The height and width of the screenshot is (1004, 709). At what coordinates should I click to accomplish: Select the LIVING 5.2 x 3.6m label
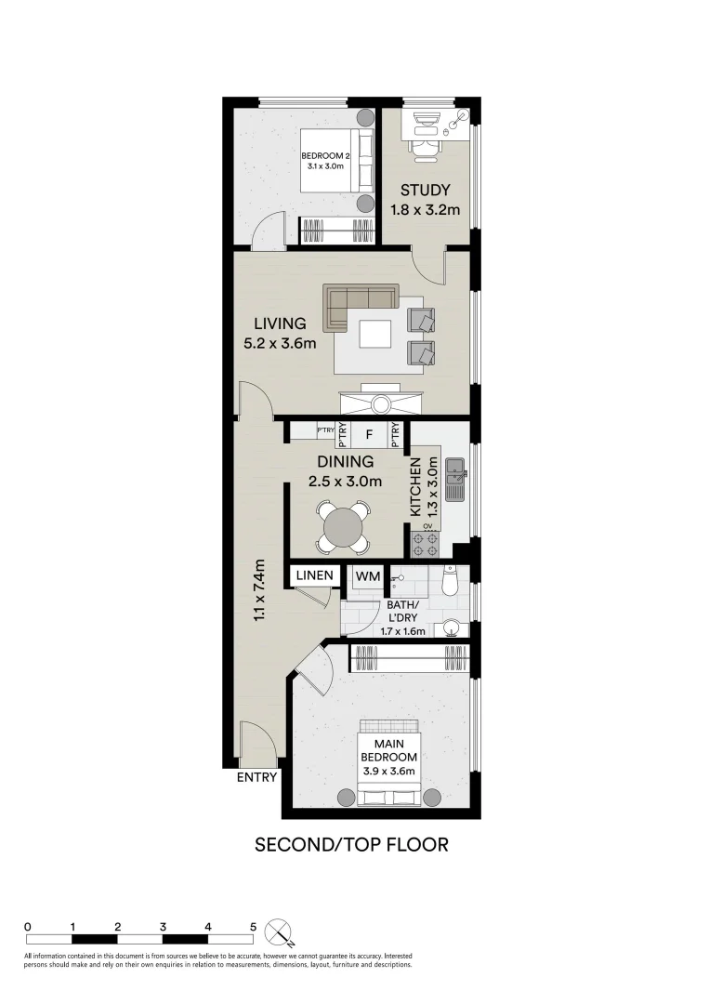(x=280, y=333)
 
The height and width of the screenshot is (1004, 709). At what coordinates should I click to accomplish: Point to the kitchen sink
(x=455, y=479)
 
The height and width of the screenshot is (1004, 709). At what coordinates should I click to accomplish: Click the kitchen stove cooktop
(x=426, y=538)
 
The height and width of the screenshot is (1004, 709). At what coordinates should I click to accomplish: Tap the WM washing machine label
(x=368, y=576)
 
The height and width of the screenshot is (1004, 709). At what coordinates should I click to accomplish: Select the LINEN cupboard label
(x=315, y=576)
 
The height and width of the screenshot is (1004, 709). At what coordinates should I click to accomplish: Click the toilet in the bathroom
(x=449, y=582)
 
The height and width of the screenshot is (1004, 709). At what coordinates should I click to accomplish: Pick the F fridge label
(x=369, y=433)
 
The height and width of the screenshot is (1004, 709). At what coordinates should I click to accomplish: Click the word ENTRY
(x=257, y=777)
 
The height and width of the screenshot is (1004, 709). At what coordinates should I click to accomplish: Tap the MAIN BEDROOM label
(x=388, y=751)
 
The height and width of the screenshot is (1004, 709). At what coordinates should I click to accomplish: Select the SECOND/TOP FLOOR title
(x=351, y=844)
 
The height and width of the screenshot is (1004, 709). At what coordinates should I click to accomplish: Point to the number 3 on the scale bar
(x=163, y=927)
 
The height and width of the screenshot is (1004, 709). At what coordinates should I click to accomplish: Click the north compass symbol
(x=278, y=931)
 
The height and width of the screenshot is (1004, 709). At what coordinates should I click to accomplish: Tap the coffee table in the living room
(x=376, y=334)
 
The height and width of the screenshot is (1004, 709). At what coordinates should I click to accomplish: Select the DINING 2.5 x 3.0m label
(x=345, y=471)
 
